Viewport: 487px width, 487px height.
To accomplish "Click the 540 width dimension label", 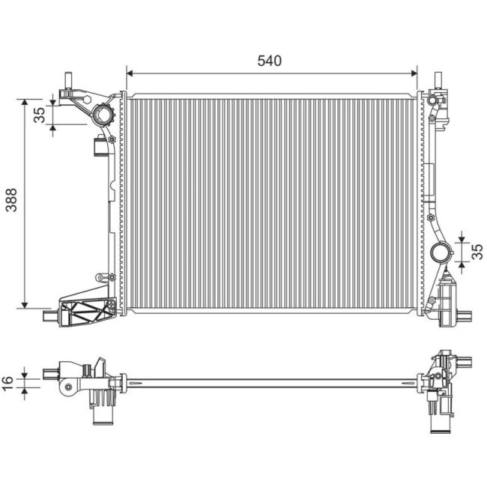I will coord(269,61).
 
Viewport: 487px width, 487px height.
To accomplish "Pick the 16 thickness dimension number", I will coord(8,381).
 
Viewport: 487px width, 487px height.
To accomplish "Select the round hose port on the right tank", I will coord(441,252).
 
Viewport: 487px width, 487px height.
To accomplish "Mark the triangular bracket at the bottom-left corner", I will coord(86,309).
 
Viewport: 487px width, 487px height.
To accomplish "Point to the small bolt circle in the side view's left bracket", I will coord(70,387).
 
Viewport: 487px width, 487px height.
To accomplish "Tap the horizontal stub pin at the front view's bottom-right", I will coord(465,315).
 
